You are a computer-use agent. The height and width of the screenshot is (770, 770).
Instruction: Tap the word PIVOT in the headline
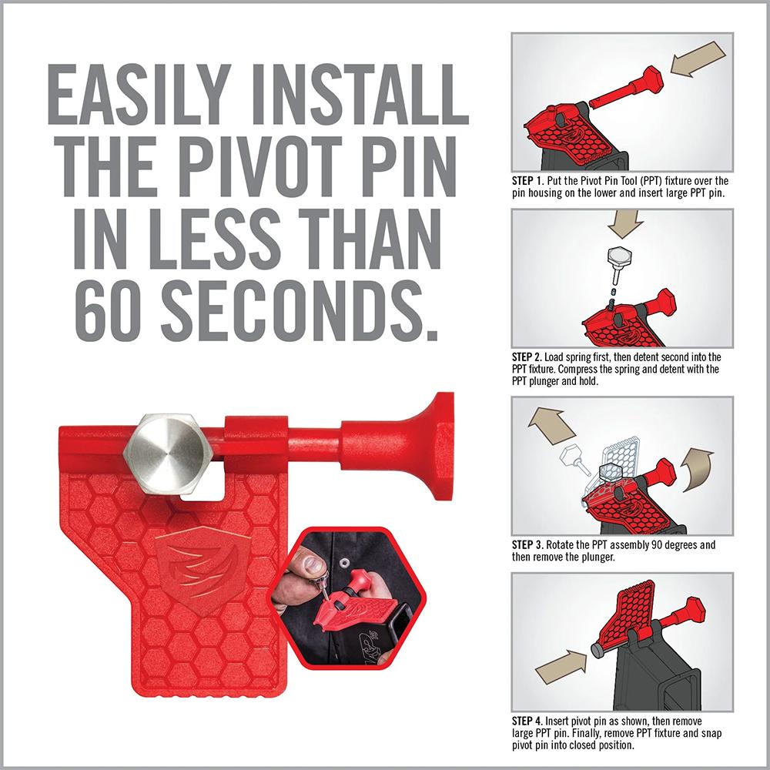tap(263, 167)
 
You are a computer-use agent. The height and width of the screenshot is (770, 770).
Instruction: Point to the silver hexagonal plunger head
tap(166, 455)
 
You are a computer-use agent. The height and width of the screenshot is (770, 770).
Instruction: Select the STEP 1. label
tap(528, 181)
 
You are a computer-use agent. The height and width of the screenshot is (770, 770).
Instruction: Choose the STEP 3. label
tap(528, 545)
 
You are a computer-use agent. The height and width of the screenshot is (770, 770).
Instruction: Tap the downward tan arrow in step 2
tap(625, 224)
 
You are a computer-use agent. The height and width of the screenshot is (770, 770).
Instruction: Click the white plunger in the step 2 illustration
tap(618, 263)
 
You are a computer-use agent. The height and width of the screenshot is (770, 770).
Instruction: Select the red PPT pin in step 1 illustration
tap(627, 89)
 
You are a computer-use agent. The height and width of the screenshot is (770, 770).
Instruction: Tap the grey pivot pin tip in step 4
tap(597, 651)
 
